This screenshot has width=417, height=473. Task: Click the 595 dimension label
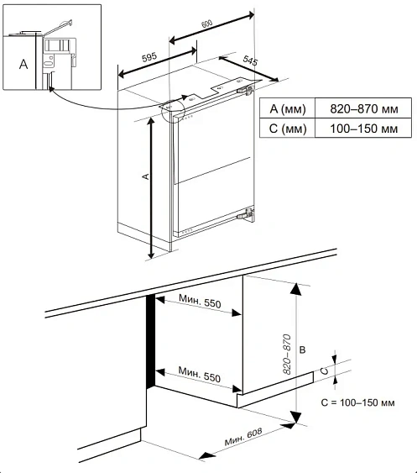coord(149,57)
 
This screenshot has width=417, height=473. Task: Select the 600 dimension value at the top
coord(207,24)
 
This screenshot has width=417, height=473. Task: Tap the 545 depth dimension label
coord(250,60)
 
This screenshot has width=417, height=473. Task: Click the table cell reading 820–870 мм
coord(364,108)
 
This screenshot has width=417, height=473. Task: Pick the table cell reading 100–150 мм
coord(364,129)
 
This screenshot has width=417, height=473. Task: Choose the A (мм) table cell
coord(288,109)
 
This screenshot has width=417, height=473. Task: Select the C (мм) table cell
coord(288,129)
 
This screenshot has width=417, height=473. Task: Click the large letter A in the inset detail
coord(23,64)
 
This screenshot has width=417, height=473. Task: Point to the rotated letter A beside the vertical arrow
coord(146,176)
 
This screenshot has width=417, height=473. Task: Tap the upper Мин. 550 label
coord(200,301)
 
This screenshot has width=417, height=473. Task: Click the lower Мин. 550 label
coord(200,375)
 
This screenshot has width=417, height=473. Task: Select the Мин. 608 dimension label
coord(243,437)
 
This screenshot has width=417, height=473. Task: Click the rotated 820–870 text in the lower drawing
coord(288,355)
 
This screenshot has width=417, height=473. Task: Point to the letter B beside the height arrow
coord(303,349)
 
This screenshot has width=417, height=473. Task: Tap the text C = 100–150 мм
coord(357,402)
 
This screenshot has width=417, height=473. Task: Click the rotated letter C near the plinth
coord(325,371)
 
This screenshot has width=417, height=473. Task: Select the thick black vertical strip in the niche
coord(151,340)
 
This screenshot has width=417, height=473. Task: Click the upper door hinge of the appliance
coord(245,90)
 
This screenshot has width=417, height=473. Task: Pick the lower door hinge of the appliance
coord(246,213)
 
